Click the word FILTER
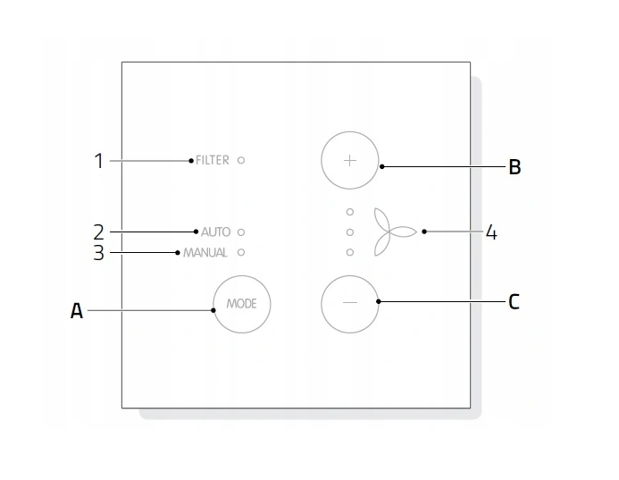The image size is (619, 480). [213, 160]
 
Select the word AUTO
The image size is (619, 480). [215, 232]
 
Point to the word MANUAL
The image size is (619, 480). [205, 252]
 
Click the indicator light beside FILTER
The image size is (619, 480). [241, 160]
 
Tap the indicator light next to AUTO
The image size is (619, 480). [241, 232]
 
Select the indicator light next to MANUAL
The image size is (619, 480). [241, 252]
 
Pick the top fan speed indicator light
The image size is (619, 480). [350, 212]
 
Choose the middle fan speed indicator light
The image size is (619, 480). [350, 232]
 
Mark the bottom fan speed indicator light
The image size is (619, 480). [350, 252]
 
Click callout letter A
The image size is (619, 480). [77, 310]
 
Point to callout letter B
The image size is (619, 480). [514, 167]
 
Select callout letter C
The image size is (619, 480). [514, 302]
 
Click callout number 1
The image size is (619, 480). [98, 161]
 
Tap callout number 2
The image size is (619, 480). [98, 232]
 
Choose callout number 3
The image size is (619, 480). [98, 253]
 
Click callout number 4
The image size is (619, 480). [491, 232]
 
